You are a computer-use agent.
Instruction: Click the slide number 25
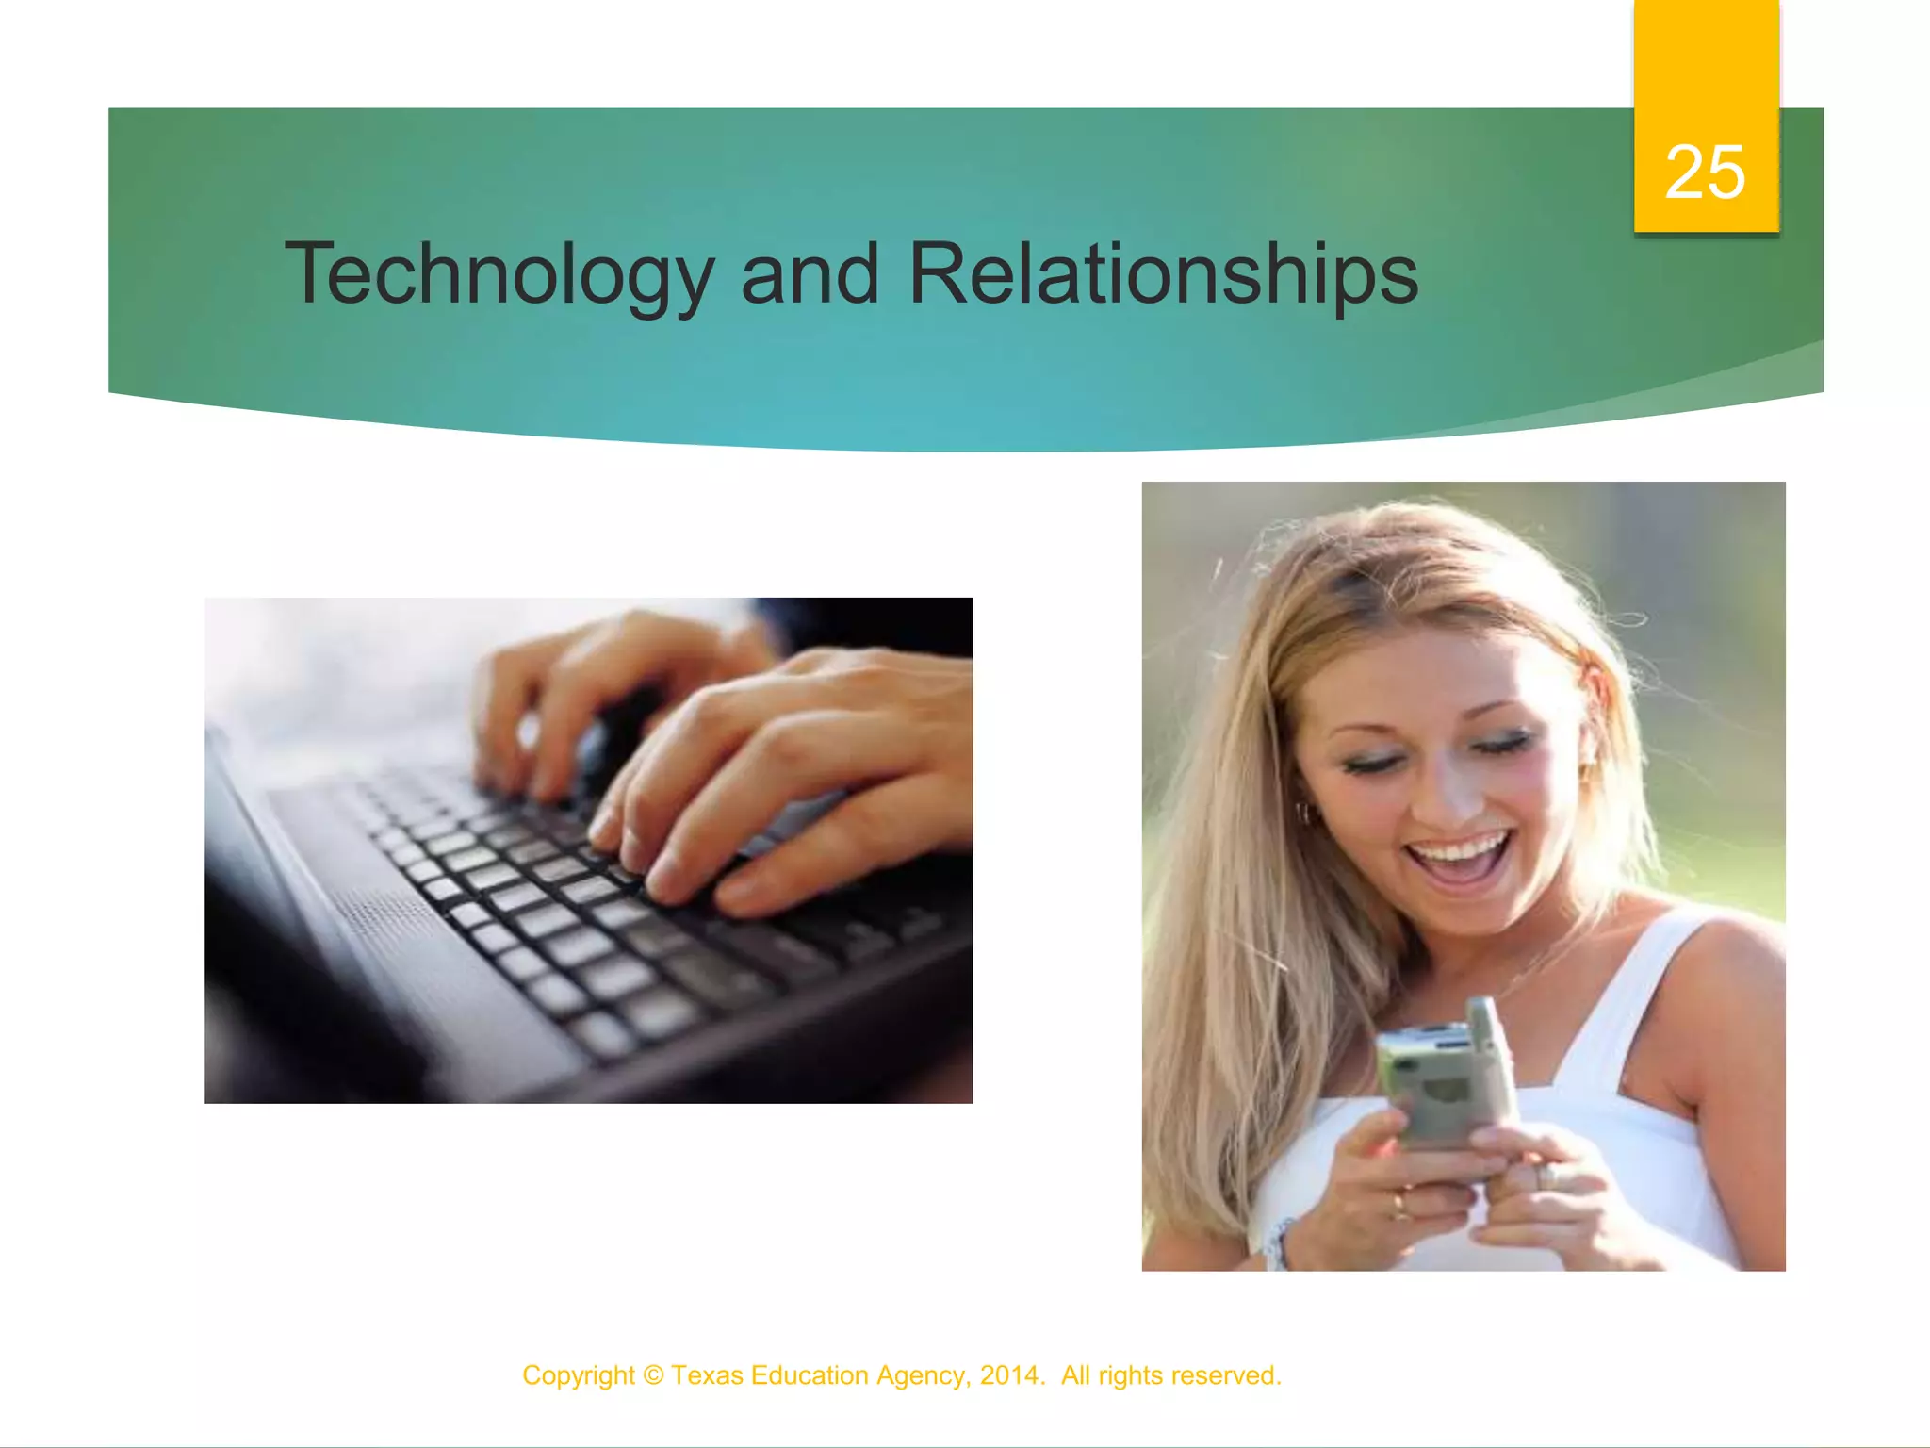[1705, 173]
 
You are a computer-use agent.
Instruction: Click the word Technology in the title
[499, 274]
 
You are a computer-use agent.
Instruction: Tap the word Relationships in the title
[1163, 274]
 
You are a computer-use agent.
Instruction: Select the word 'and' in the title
[810, 274]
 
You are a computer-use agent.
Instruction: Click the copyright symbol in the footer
[653, 1375]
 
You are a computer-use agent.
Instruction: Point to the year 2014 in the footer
[1008, 1375]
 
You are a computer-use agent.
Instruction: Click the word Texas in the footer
[707, 1375]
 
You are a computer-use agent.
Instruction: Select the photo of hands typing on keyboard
[588, 850]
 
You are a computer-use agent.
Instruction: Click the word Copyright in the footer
[579, 1375]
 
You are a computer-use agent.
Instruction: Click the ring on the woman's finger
[1398, 1202]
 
